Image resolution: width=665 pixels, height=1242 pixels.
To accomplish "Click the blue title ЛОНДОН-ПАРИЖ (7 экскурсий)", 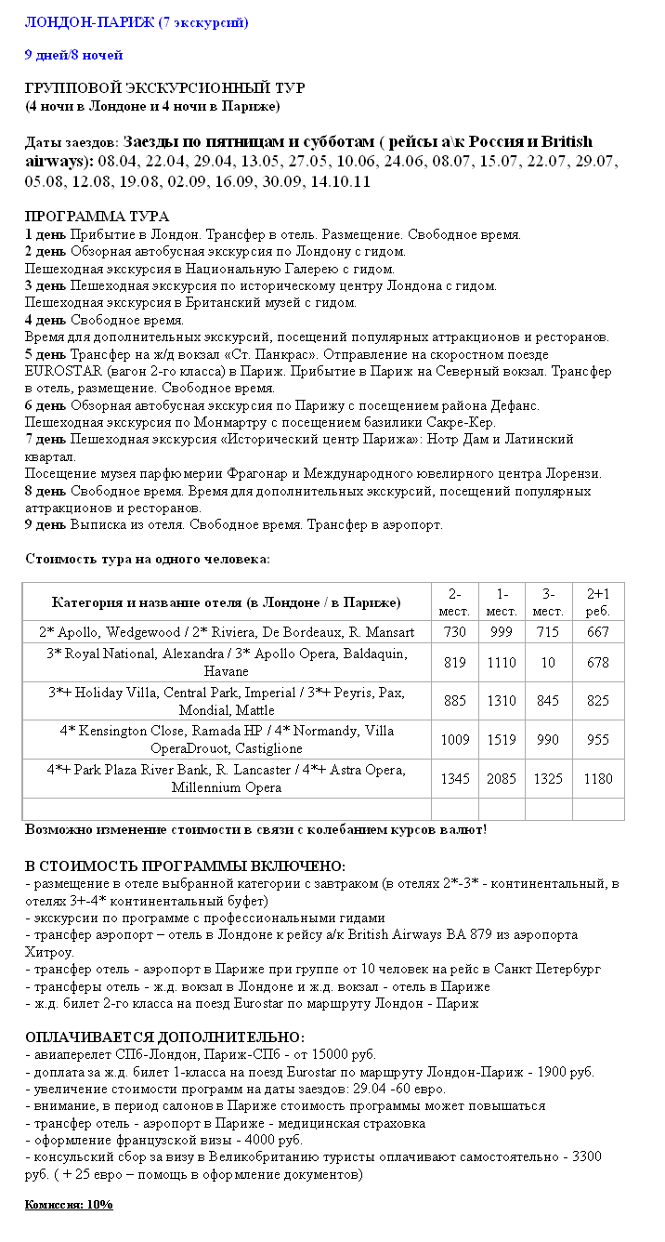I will pyautogui.click(x=136, y=21).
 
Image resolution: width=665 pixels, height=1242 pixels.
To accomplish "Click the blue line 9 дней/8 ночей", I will pyautogui.click(x=73, y=55).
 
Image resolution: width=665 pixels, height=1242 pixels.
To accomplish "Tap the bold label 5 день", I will pyautogui.click(x=46, y=354).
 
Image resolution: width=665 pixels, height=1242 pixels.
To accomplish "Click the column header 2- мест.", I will pyautogui.click(x=455, y=601).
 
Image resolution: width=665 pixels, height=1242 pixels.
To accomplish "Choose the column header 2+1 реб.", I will pyautogui.click(x=597, y=601).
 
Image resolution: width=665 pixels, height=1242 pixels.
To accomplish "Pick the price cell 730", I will pyautogui.click(x=455, y=632).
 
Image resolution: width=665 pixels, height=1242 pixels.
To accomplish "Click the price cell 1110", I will pyautogui.click(x=502, y=663).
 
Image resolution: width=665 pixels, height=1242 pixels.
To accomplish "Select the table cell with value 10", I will pyautogui.click(x=548, y=663).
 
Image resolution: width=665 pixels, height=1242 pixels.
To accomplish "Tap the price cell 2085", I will pyautogui.click(x=502, y=779).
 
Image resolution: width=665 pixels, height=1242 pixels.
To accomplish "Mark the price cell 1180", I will pyautogui.click(x=597, y=779).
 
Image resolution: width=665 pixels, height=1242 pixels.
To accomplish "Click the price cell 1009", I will pyautogui.click(x=455, y=740).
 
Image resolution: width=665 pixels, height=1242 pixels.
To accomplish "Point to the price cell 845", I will pyautogui.click(x=548, y=701).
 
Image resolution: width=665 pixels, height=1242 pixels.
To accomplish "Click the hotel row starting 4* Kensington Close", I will pyautogui.click(x=227, y=740).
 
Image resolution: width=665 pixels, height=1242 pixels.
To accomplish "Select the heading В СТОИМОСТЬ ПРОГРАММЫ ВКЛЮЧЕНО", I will pyautogui.click(x=185, y=866).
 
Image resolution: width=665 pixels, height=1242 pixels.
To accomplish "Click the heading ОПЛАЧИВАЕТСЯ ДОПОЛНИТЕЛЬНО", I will pyautogui.click(x=163, y=1037).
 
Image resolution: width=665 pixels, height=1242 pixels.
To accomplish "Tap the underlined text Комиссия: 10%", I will pyautogui.click(x=68, y=1205).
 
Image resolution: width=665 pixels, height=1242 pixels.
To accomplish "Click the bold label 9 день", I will pyautogui.click(x=46, y=524).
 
